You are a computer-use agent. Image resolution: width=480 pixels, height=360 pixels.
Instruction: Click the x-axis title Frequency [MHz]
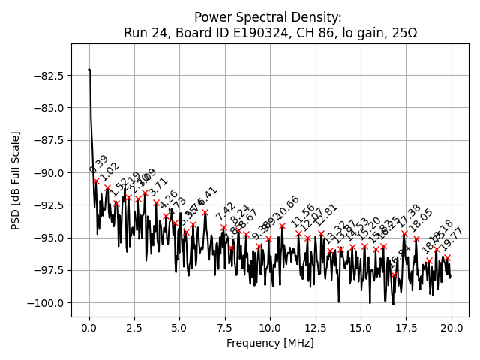coord(270,343)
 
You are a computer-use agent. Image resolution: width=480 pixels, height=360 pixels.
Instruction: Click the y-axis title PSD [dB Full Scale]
coord(16,180)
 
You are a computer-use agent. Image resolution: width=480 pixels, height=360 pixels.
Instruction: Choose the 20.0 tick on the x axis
coord(451,328)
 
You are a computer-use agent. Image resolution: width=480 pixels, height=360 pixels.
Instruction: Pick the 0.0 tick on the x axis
coord(89,328)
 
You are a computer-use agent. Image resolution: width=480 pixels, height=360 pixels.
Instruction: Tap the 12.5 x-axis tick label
coord(315,328)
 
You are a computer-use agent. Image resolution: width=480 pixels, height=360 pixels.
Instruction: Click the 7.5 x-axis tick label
coord(225,328)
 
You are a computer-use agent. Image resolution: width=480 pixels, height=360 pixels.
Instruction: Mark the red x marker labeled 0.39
coord(96,181)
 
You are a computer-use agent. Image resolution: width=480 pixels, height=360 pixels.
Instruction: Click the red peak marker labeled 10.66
coord(282,226)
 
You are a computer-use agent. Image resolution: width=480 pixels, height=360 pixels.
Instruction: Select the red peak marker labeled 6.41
coord(205,212)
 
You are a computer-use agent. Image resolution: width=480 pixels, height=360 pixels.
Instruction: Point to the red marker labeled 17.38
coord(404,233)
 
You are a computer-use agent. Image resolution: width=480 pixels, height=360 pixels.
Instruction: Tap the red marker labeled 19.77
coord(447,257)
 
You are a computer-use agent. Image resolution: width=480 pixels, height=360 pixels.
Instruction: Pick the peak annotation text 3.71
coord(158,188)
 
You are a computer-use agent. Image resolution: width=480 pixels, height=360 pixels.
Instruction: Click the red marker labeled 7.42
coord(223,227)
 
